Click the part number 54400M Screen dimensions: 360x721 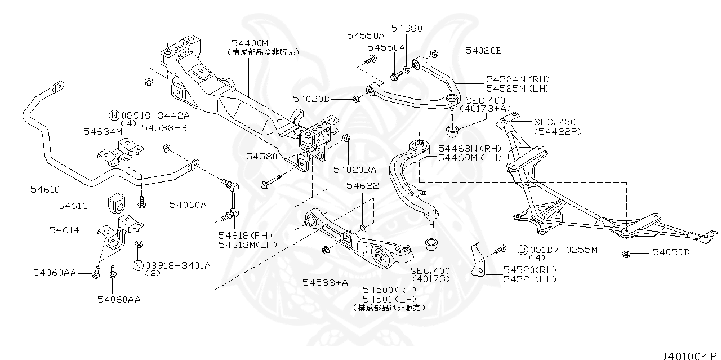pos(250,43)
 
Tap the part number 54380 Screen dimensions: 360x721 pos(407,28)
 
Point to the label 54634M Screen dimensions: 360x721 pos(103,131)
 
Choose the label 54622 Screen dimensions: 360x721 pos(362,185)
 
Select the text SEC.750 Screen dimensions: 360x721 pos(555,122)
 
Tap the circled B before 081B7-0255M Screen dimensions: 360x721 pos(522,249)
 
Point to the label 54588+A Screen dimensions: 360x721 pos(325,282)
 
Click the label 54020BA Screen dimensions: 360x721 pos(355,169)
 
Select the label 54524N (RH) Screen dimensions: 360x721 pos(518,79)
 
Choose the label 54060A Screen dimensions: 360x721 pos(188,206)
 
